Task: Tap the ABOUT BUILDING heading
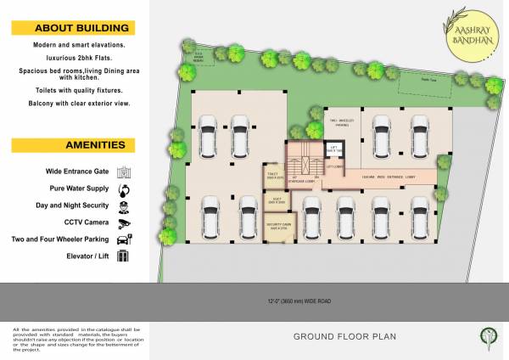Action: tap(71, 27)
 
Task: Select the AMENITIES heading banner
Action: tap(71, 144)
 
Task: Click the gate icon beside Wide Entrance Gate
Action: tap(124, 171)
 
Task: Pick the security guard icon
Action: tap(124, 206)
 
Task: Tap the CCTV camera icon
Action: tap(124, 222)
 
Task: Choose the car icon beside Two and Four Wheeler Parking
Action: tap(124, 239)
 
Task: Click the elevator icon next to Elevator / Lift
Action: tap(124, 256)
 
